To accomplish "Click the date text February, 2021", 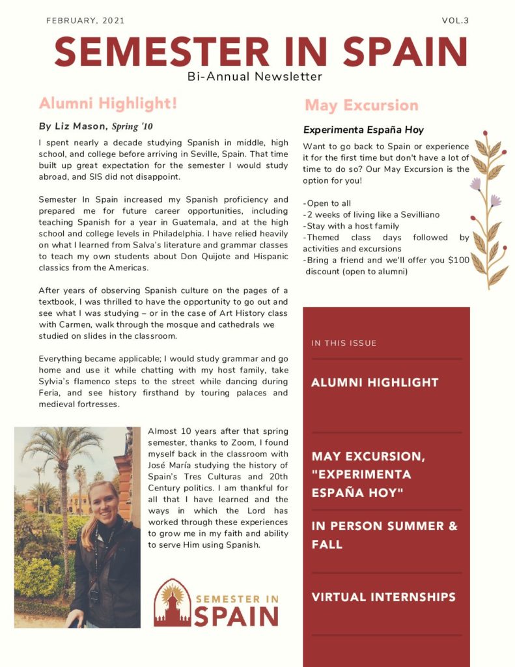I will [x=85, y=21].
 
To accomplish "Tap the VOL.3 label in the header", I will [x=455, y=21].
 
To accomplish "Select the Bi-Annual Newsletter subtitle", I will [x=255, y=77].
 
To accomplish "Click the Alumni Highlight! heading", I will [x=107, y=104].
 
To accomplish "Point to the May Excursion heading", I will [x=361, y=106].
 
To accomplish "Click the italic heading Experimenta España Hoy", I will [x=363, y=130].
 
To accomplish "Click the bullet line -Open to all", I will [x=327, y=203].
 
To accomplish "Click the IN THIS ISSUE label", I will [x=344, y=343].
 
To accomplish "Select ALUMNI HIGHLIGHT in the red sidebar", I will [x=374, y=383].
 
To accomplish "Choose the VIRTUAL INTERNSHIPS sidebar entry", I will [x=383, y=597].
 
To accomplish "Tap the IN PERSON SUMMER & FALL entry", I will [x=384, y=535].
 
